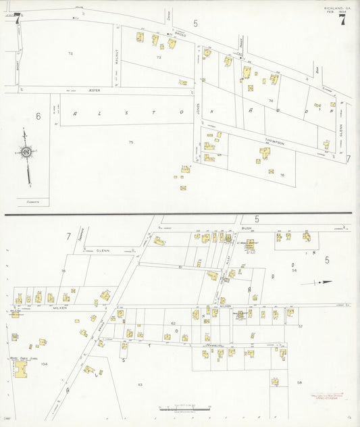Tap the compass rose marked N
point(26,153)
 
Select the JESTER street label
point(94,90)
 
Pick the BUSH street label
point(247,229)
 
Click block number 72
point(70,53)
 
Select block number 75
point(131,142)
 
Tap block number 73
point(159,57)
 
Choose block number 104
point(44,363)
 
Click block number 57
point(301,326)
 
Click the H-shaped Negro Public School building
point(22,368)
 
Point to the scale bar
point(177,408)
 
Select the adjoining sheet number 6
point(38,116)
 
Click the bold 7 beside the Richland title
point(343,20)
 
